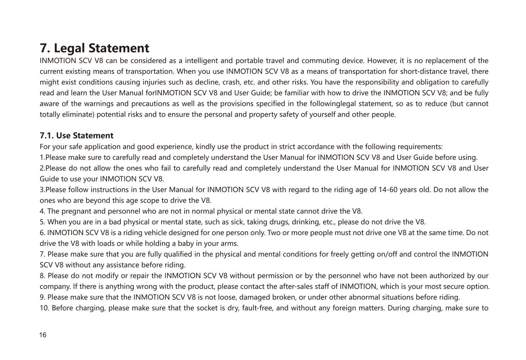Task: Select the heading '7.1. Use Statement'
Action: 76,135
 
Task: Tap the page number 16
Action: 43,335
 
